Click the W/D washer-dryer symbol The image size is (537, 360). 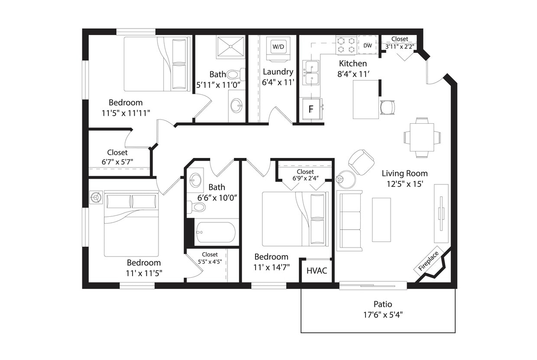tap(278, 46)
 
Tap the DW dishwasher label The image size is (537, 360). tap(368, 45)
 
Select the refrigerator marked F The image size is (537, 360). tap(311, 109)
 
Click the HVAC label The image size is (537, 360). tap(317, 271)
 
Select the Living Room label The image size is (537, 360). tap(404, 174)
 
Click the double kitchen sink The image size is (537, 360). tap(311, 73)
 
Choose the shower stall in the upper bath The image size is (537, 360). tap(231, 47)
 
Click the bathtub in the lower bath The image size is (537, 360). tap(215, 232)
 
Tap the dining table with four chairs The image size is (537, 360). tap(422, 137)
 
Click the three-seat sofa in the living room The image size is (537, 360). tap(350, 221)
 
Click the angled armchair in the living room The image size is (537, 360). tap(361, 162)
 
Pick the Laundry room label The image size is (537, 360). tap(278, 72)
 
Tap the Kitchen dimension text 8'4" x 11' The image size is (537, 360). tap(353, 74)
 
